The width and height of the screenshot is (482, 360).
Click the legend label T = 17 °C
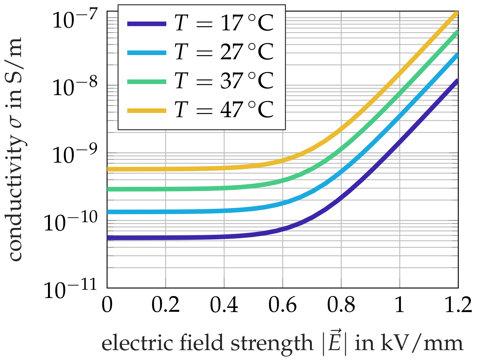[224, 23]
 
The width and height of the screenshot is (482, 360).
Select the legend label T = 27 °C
[224, 52]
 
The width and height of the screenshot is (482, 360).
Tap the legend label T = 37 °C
[224, 81]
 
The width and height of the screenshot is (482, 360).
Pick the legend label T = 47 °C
[224, 110]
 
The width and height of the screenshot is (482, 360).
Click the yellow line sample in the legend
[147, 111]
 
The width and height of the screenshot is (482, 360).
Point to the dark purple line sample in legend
[147, 24]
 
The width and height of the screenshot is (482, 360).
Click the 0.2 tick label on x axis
[165, 305]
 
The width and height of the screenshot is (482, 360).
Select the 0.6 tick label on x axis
[282, 305]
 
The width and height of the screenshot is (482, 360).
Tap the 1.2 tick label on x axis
[458, 305]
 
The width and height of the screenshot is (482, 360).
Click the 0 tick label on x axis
[107, 305]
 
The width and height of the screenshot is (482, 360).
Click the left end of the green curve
[108, 189]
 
